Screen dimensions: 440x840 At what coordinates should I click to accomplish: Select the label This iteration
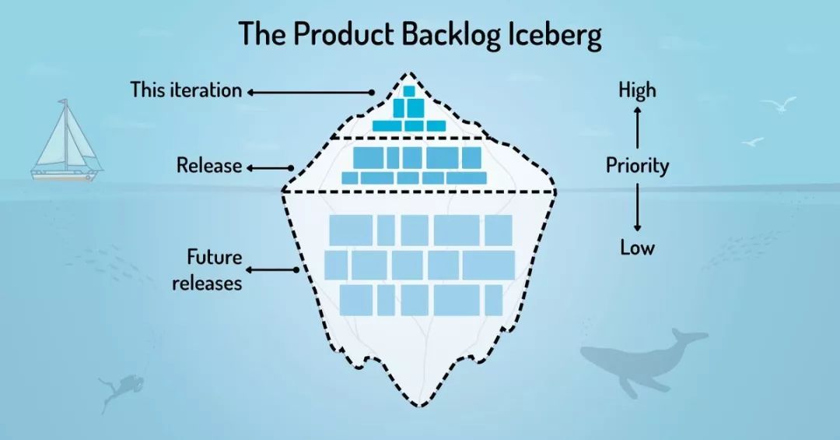point(186,90)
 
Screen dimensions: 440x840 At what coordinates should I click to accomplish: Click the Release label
point(208,166)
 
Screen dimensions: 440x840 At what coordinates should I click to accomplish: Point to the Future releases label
point(207,269)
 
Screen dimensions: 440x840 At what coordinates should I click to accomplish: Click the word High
point(637,91)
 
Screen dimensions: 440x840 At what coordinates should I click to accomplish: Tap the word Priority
point(637,166)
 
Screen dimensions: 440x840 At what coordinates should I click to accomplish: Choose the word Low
point(637,248)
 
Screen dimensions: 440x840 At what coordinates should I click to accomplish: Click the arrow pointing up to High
point(637,127)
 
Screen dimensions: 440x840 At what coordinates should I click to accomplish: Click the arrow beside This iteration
point(310,92)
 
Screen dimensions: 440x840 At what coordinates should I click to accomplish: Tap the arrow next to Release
point(269,167)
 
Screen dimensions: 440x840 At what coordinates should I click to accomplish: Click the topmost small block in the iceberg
point(408,91)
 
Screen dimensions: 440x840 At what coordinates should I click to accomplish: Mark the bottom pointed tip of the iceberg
point(421,405)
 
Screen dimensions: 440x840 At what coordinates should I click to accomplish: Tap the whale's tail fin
point(688,336)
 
